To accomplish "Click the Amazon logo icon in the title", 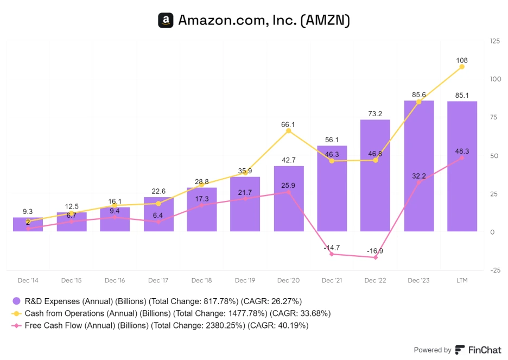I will [x=166, y=21].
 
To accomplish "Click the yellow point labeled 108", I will [x=462, y=67].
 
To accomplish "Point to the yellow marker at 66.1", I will [x=288, y=131].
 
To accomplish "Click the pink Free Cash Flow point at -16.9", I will [x=375, y=257].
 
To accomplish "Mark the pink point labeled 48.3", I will [x=462, y=158].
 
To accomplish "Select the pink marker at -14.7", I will [x=332, y=254].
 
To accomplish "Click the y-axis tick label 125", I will [x=494, y=41].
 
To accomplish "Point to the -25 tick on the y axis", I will [x=494, y=270].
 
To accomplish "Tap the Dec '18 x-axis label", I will [x=201, y=281].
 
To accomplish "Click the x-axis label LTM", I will [x=462, y=281].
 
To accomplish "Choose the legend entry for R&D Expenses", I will [x=157, y=301].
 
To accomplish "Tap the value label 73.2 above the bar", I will [x=375, y=113].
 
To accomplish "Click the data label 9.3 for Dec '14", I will [x=28, y=211].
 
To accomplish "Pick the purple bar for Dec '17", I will [x=158, y=214].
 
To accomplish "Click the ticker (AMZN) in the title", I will [x=326, y=21].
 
